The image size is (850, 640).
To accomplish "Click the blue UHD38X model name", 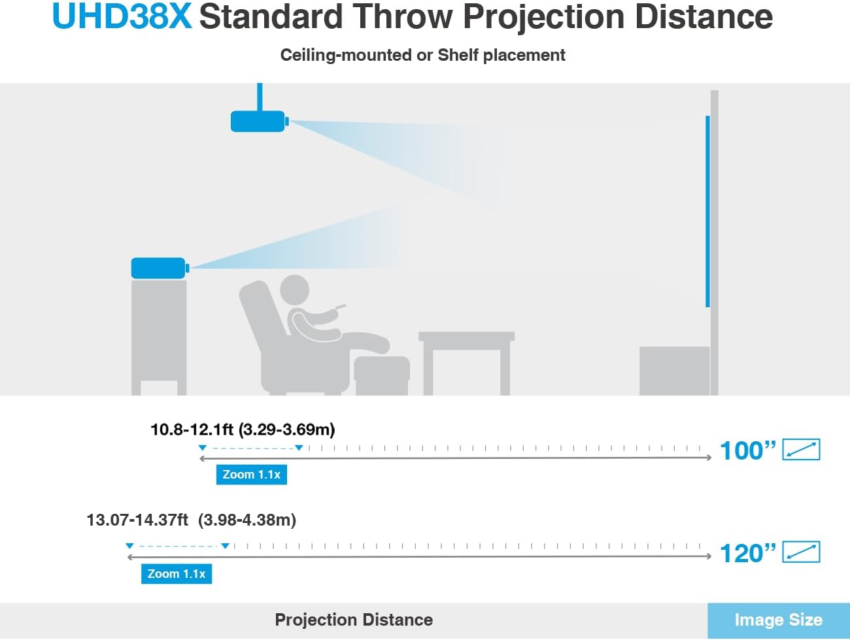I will (122, 17).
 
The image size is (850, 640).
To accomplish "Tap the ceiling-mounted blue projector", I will (258, 122).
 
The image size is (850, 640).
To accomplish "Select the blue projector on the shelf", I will (158, 268).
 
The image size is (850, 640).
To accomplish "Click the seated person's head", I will (294, 290).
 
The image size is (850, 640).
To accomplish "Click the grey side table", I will (466, 360).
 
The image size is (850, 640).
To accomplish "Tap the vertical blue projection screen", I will (707, 211).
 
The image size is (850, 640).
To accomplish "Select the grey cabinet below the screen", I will (673, 371).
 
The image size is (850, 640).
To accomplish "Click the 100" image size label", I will (747, 450).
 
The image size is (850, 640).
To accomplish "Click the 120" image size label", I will (747, 554).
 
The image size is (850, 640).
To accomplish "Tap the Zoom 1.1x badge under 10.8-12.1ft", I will (251, 475).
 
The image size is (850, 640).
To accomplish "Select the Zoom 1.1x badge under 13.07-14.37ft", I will (176, 574).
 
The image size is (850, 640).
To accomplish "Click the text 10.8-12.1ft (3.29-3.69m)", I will (243, 429).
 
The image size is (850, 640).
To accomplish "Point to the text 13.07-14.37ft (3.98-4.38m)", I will (191, 520).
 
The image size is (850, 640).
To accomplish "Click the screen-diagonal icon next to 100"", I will (801, 450).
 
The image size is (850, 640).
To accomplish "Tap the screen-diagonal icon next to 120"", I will (801, 552).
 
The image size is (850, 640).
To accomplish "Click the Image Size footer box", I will (778, 620).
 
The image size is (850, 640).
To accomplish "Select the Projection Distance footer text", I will (354, 620).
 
